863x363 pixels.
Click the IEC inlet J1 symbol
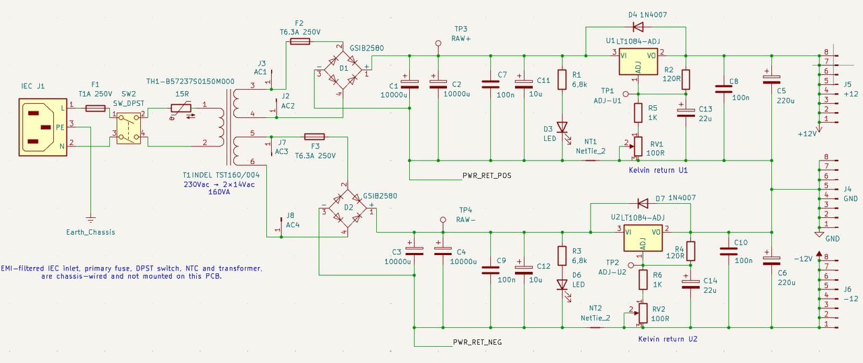42,127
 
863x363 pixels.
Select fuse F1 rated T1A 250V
95,108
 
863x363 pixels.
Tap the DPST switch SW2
129,128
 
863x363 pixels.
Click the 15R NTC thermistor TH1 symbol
181,109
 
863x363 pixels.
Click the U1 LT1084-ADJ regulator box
638,61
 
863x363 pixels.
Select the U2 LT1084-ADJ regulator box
643,238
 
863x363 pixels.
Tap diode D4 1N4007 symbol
638,27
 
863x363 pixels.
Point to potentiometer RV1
638,146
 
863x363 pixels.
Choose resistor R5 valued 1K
638,113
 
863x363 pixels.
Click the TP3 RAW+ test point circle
438,43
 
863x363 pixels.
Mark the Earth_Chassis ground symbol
90,220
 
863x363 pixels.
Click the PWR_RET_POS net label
487,175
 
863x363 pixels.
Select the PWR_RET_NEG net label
477,342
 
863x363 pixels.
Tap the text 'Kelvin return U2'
667,339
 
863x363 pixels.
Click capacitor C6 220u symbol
772,261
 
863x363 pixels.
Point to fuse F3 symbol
314,136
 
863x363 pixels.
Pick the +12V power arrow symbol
819,128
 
